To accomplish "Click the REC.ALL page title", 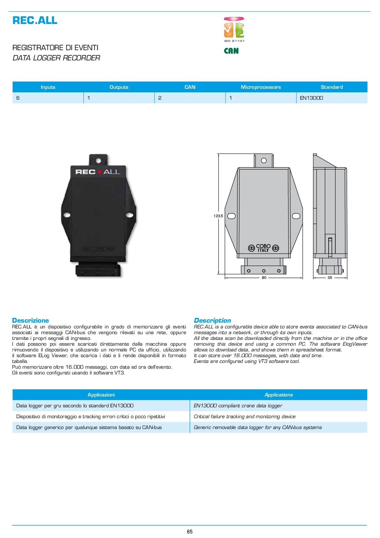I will click(35, 20).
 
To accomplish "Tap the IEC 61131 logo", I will click(234, 30).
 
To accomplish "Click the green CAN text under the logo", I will click(231, 51).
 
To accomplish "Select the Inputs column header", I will click(48, 87).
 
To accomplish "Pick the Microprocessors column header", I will click(261, 87).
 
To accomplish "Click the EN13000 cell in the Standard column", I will click(311, 98).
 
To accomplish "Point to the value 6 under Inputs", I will click(18, 98).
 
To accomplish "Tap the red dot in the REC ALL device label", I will click(99, 172).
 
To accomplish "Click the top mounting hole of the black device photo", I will click(98, 160).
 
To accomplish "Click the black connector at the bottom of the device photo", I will click(98, 270).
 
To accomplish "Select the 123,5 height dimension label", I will click(218, 216).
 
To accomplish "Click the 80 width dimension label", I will click(264, 278).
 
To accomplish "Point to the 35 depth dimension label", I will click(330, 278).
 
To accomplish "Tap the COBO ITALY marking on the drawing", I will click(264, 248).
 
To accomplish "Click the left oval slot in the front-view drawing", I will click(231, 216).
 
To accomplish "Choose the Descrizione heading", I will click(31, 320).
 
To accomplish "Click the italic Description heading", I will click(212, 320).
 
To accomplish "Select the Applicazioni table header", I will click(101, 395).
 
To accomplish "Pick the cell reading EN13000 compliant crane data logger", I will click(238, 406).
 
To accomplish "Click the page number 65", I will click(190, 532).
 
